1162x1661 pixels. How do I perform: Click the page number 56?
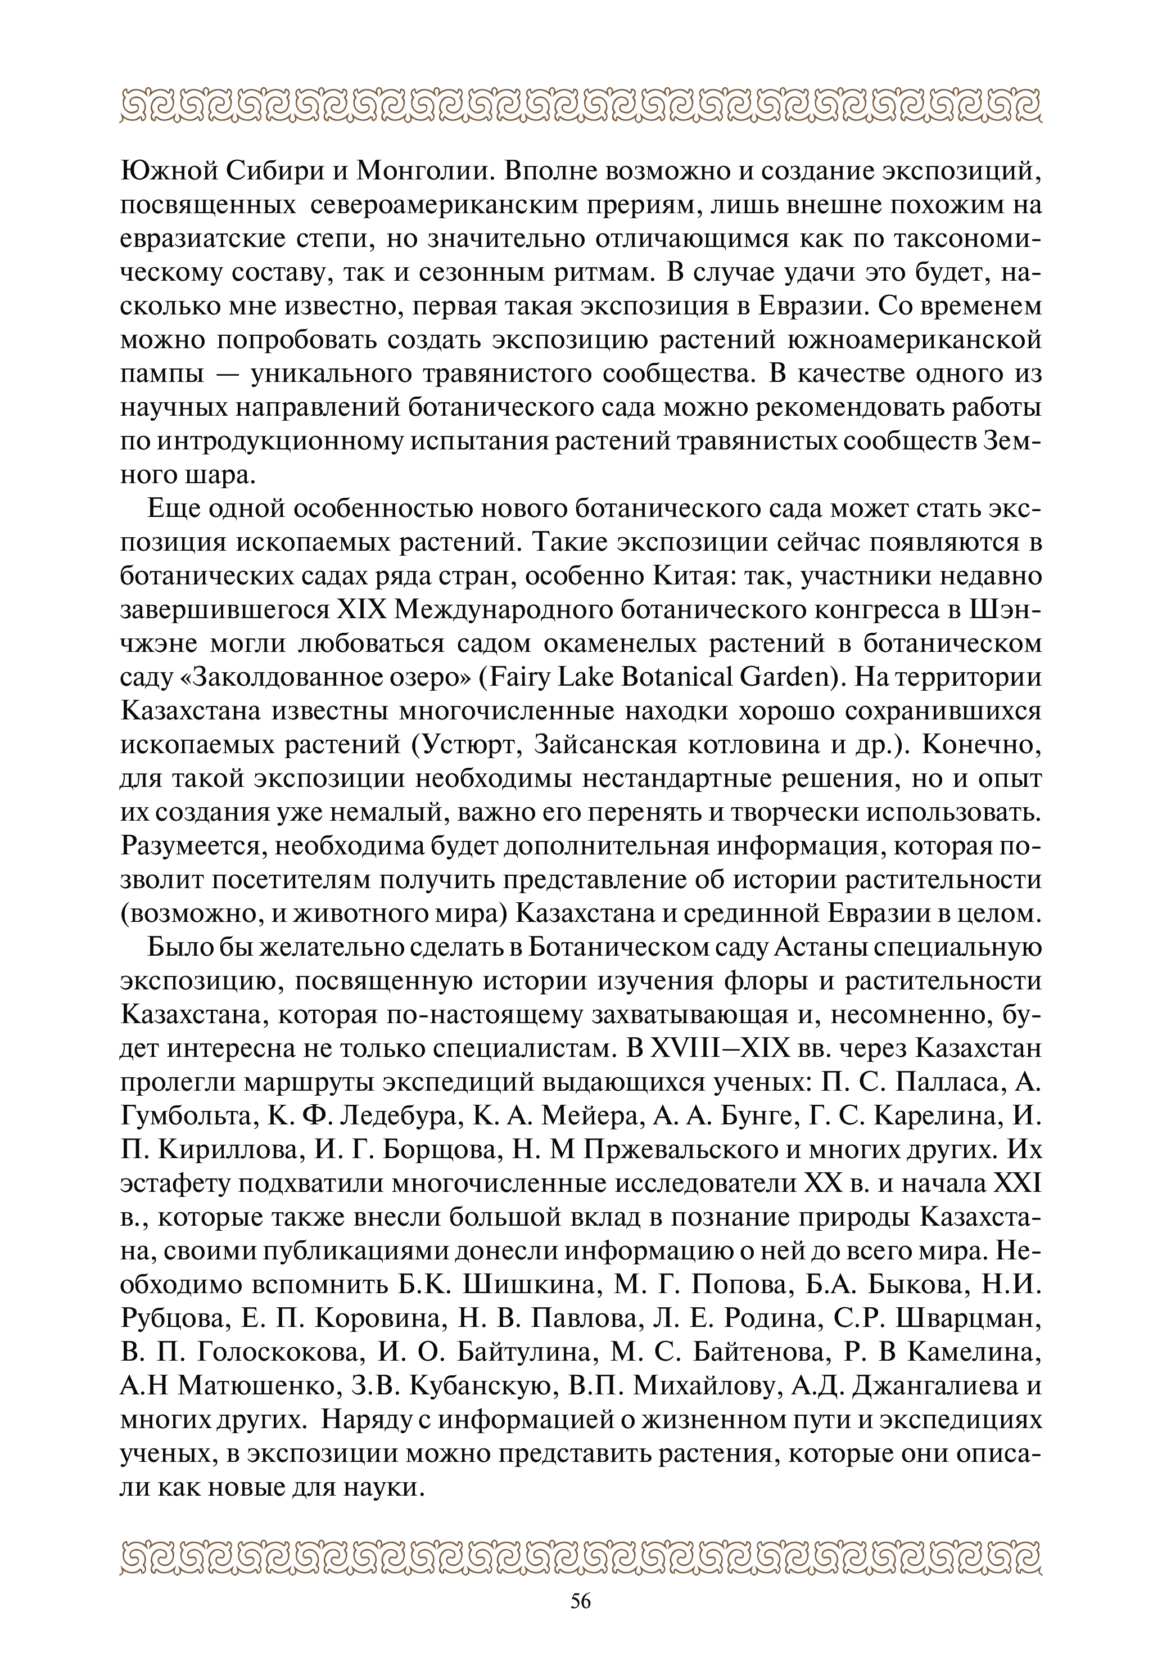click(x=581, y=1600)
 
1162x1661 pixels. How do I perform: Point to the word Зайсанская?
click(x=604, y=745)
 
